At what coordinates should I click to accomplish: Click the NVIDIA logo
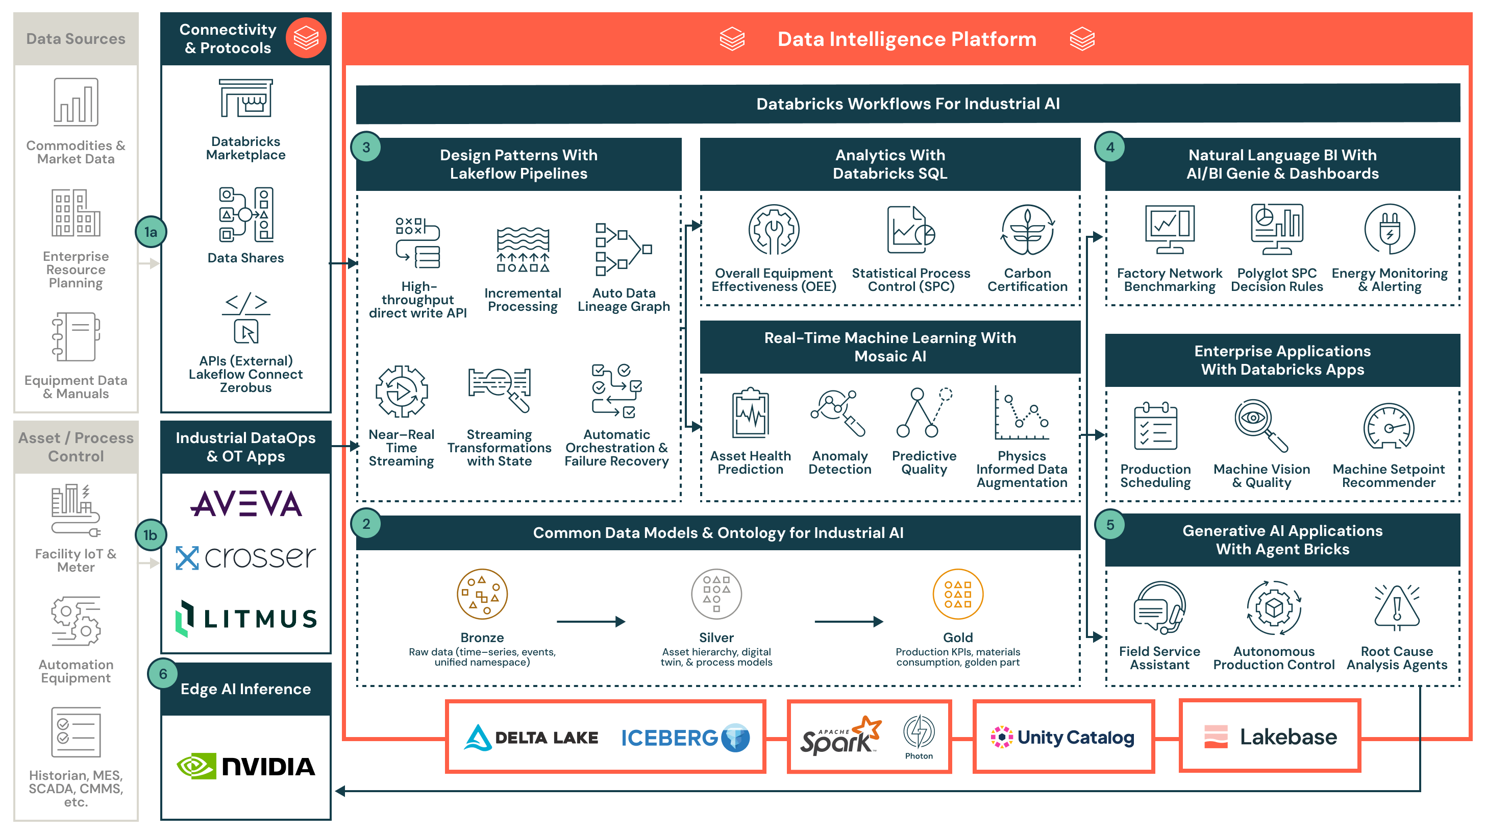click(x=246, y=766)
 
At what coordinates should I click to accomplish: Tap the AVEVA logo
click(x=246, y=504)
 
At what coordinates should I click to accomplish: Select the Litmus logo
click(x=246, y=619)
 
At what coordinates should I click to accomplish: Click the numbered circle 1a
click(x=151, y=232)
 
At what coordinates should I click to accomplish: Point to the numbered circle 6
click(x=163, y=673)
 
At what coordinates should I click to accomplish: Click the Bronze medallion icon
click(x=482, y=594)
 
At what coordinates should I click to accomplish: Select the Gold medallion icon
click(x=958, y=594)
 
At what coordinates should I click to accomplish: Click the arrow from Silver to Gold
click(x=848, y=621)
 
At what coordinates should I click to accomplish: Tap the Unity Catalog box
click(x=1063, y=737)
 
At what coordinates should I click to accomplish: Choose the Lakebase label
click(x=1287, y=737)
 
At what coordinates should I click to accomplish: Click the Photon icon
click(x=919, y=731)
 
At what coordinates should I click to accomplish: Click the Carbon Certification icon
click(x=1027, y=230)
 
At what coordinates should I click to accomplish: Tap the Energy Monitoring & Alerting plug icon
click(x=1389, y=230)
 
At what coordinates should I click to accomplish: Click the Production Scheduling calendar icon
click(x=1155, y=426)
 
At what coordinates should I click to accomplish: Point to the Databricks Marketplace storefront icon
click(x=246, y=99)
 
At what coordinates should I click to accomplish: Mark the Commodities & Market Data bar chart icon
click(x=76, y=102)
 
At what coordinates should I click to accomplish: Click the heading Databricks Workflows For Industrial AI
click(x=907, y=103)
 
